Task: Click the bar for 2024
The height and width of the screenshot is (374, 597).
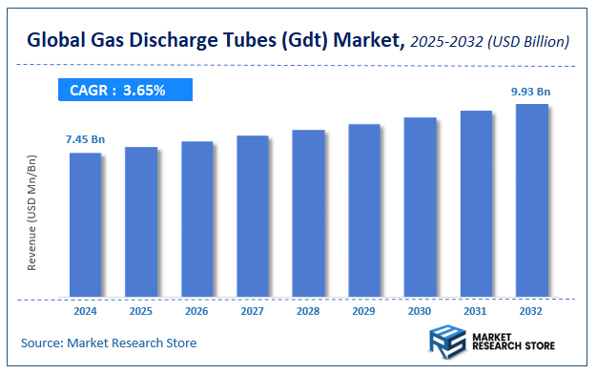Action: [x=86, y=224]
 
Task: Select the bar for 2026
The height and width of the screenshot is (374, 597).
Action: [x=197, y=218]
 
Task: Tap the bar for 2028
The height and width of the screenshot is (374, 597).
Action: [x=309, y=213]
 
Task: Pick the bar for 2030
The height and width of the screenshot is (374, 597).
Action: [x=421, y=207]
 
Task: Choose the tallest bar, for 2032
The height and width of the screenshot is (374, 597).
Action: [x=532, y=200]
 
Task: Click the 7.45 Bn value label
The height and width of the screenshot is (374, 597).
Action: [x=85, y=139]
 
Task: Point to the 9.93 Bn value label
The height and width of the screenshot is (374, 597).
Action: [x=531, y=92]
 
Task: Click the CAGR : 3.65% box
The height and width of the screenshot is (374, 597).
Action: [x=122, y=91]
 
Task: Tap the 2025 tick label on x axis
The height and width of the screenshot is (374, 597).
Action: [x=141, y=312]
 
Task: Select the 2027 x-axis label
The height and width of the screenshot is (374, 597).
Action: [x=253, y=312]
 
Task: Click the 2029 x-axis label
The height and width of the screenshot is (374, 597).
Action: [x=364, y=312]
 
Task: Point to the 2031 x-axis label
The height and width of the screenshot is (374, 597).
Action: [x=476, y=312]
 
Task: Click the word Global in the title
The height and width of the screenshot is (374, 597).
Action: [x=59, y=40]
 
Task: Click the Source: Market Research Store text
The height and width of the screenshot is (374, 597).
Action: [x=109, y=343]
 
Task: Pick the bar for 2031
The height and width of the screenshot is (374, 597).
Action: [x=476, y=203]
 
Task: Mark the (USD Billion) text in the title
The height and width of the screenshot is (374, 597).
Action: [x=529, y=41]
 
